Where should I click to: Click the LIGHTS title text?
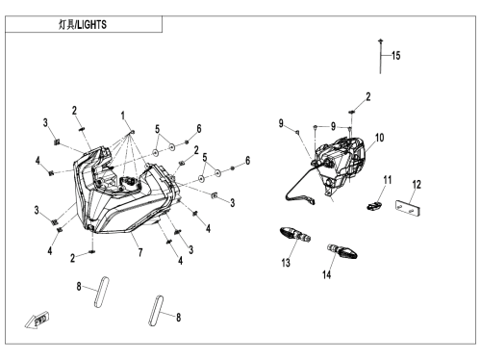(x=92, y=25)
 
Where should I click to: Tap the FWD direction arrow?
(x=38, y=320)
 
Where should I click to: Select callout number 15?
(x=396, y=56)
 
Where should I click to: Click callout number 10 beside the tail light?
(x=380, y=138)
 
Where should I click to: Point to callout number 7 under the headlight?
(x=140, y=252)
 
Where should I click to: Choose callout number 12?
(x=417, y=185)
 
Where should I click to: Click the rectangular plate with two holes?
(x=408, y=208)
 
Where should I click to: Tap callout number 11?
(x=388, y=180)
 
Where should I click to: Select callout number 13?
(x=286, y=263)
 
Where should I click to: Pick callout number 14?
(x=326, y=274)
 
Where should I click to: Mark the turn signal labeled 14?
(x=342, y=251)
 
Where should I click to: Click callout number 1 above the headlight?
(x=123, y=116)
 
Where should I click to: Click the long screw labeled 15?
(x=381, y=57)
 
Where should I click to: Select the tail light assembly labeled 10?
(x=340, y=164)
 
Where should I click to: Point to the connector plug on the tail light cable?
(x=311, y=200)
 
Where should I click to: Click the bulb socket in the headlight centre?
(x=129, y=184)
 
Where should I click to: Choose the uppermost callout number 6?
(x=199, y=129)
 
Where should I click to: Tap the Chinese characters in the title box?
(x=66, y=25)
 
